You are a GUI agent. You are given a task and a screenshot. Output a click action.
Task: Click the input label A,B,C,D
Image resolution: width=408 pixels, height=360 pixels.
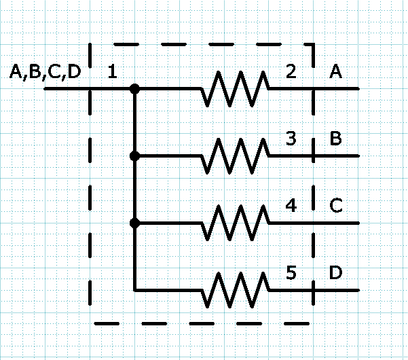(x=45, y=72)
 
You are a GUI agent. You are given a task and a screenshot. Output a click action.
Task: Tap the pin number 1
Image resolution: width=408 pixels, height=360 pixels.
(x=113, y=71)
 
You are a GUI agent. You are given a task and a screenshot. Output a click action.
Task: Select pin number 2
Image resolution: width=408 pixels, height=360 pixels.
(x=291, y=71)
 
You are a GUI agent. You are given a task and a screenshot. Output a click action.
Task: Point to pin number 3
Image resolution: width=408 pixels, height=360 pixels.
(x=291, y=139)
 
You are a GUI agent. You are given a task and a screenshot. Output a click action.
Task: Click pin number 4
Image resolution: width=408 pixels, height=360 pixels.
(x=291, y=206)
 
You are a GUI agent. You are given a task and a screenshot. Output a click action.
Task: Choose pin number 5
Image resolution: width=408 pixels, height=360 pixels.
(x=291, y=272)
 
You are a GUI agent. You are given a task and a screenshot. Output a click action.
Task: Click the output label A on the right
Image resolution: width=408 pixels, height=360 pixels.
(x=335, y=71)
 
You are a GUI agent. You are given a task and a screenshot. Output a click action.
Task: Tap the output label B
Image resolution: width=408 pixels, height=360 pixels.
(x=335, y=139)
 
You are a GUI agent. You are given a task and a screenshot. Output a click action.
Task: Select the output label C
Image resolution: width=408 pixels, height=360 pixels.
(x=336, y=206)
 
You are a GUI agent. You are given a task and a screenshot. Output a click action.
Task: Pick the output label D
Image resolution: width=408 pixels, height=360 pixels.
(x=335, y=272)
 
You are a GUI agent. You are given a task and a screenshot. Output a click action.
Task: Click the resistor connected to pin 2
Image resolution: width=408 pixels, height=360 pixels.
(x=235, y=89)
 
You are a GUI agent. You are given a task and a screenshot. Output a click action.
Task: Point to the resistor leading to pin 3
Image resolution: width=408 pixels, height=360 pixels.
(x=235, y=156)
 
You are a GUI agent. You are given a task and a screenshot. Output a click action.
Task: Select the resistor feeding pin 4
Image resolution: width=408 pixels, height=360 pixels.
(x=235, y=223)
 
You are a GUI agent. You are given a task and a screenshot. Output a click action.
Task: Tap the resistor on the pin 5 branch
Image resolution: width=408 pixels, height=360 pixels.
(x=235, y=290)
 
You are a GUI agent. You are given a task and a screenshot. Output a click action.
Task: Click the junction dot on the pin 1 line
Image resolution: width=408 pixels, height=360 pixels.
(x=134, y=89)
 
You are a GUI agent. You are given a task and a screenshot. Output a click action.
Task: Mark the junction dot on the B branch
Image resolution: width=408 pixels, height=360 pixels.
(x=134, y=156)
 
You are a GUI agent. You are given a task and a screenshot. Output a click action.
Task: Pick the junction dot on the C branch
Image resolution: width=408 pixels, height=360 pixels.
(x=134, y=223)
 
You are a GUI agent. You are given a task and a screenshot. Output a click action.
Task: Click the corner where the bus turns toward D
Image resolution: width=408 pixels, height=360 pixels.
(x=134, y=290)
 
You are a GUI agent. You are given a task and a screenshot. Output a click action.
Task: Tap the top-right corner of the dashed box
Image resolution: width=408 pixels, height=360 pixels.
(x=313, y=45)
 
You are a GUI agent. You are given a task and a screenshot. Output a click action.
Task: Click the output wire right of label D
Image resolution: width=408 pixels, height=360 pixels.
(x=336, y=290)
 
